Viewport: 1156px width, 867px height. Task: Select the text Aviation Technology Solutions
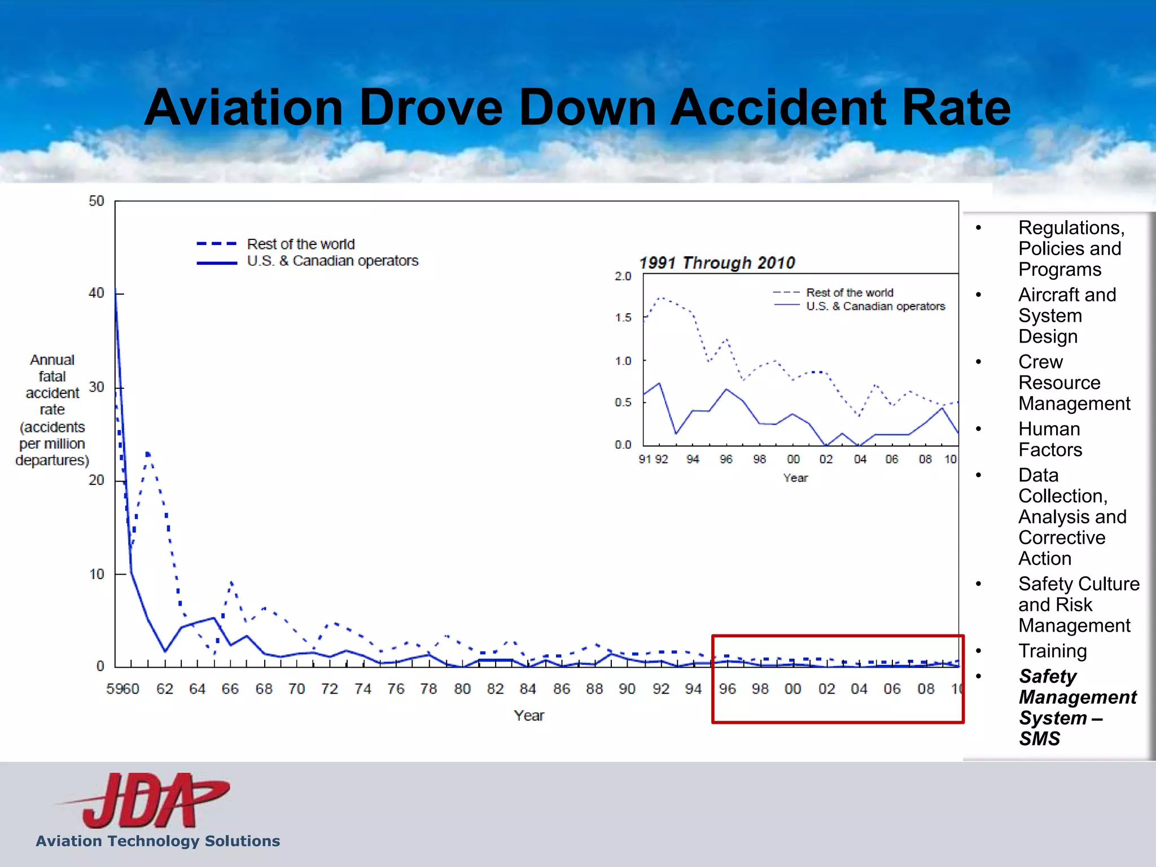[x=158, y=841]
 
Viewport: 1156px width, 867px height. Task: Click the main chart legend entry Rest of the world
[x=300, y=244]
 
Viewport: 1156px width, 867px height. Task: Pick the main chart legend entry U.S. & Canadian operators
[x=332, y=261]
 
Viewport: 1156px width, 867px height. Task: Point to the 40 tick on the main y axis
[x=97, y=293]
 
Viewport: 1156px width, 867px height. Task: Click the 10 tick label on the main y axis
[x=97, y=574]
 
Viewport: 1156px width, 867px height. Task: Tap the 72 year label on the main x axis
[x=329, y=689]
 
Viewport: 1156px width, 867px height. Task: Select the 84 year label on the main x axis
[x=528, y=689]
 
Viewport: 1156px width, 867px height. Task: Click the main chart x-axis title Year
[x=529, y=715]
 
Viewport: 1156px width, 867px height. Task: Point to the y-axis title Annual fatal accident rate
[x=52, y=409]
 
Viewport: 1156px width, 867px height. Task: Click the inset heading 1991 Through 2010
[x=717, y=262]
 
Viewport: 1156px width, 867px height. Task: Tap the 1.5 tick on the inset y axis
[x=623, y=317]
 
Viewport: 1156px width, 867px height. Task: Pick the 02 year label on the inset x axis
[x=826, y=459]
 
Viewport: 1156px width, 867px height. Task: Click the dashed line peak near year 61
[x=148, y=453]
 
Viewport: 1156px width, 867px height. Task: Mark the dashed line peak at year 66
[x=231, y=582]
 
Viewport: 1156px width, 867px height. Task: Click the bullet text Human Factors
[x=1050, y=439]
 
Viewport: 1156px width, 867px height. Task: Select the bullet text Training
[x=1052, y=651]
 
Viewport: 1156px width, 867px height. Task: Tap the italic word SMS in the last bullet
[x=1039, y=738]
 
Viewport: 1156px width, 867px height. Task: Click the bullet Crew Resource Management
[x=1074, y=383]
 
